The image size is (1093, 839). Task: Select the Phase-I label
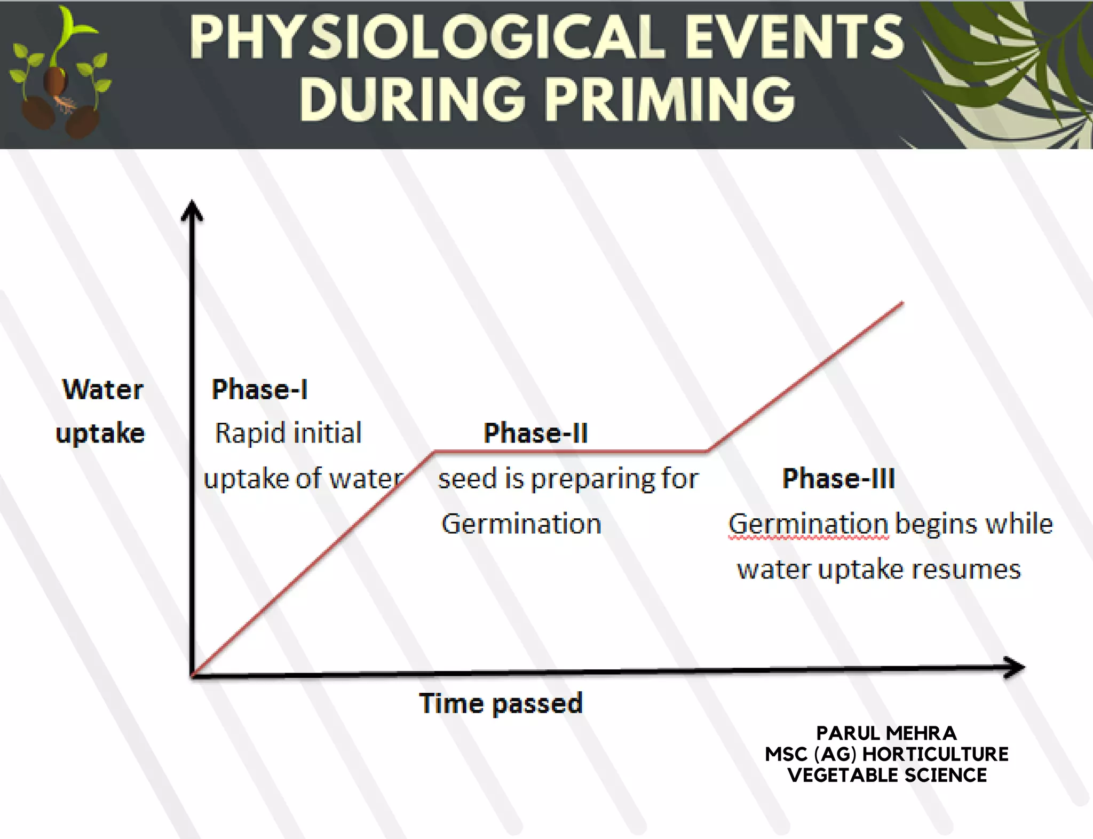[x=259, y=389]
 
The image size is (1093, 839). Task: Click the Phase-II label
[x=535, y=433]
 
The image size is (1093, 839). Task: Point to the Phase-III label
[x=838, y=478]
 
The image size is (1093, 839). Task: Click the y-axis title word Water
[x=103, y=389]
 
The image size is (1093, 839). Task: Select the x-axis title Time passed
[x=501, y=703]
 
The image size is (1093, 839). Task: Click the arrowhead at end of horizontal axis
[x=1015, y=667]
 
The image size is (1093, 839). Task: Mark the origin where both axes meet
[x=193, y=676]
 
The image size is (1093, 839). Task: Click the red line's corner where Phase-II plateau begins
[x=434, y=452]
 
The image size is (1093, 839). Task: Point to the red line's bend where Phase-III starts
[x=708, y=451]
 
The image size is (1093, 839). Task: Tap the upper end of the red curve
[x=902, y=303]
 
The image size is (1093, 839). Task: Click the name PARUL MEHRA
[x=886, y=733]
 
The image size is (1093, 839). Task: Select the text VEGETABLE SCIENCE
[x=887, y=775]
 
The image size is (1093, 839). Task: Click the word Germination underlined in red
[x=808, y=524]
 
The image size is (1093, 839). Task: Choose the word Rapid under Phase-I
[x=243, y=433]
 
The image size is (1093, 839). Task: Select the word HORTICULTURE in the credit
[x=935, y=754]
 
